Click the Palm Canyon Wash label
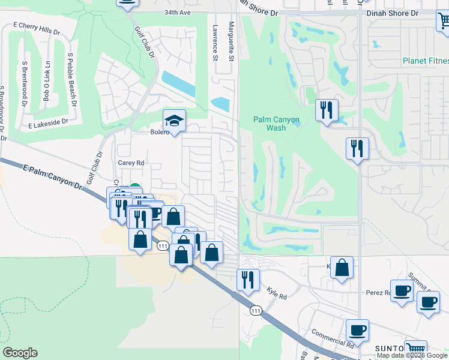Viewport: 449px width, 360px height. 276,124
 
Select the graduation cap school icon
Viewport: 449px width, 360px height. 175,121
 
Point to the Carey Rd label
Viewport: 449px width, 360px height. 131,163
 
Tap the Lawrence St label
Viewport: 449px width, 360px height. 215,43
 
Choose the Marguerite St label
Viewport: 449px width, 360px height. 231,41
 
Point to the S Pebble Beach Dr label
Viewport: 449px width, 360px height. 72,79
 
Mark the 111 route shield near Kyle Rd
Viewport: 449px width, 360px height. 256,310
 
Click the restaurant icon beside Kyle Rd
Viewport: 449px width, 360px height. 247,279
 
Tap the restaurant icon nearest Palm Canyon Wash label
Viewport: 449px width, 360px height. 327,110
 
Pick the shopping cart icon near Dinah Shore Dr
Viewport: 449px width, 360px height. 443,22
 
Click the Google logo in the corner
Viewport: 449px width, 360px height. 20,353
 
